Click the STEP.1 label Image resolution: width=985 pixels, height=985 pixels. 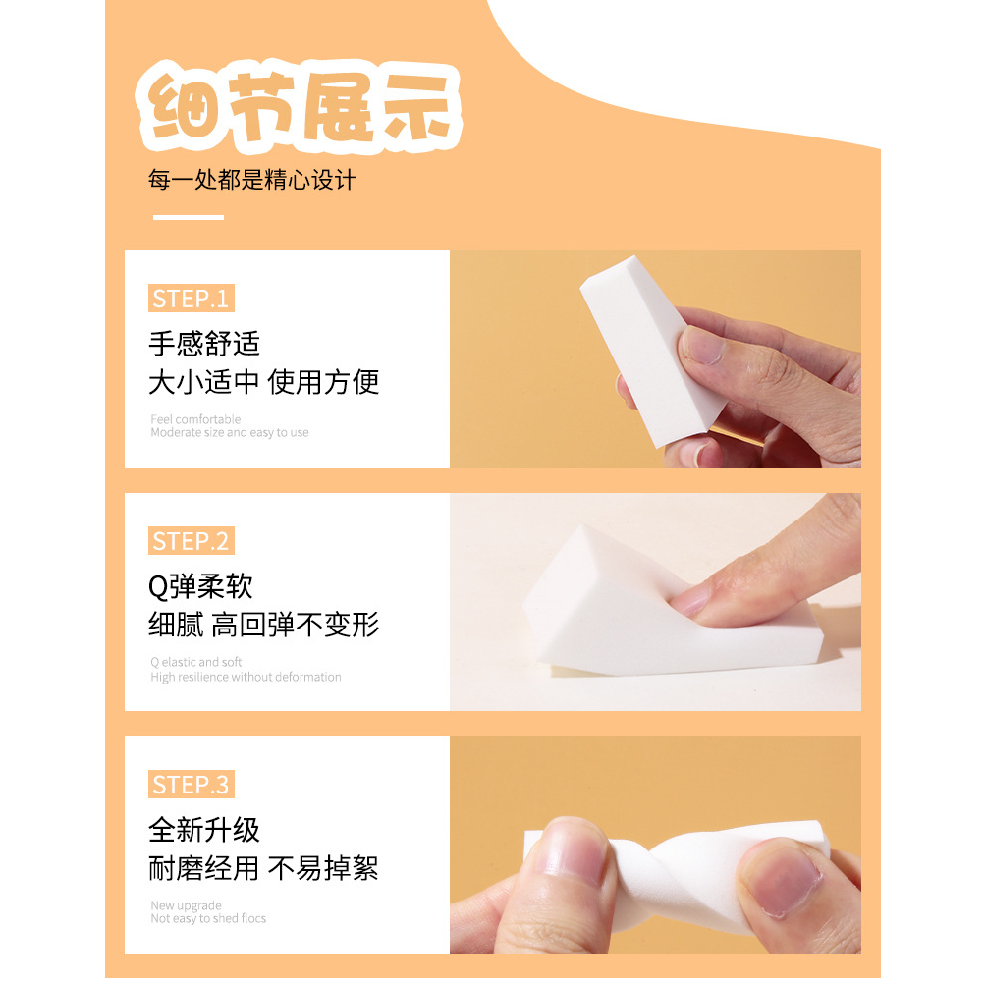click(x=191, y=299)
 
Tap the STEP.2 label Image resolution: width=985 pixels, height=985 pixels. click(x=191, y=541)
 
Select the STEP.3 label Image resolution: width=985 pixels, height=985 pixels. click(x=191, y=785)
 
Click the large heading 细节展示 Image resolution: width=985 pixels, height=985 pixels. click(x=299, y=106)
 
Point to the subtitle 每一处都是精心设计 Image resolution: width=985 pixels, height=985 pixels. click(x=252, y=180)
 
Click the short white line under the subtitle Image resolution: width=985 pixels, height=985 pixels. click(x=189, y=217)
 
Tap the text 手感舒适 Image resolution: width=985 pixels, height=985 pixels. click(x=204, y=344)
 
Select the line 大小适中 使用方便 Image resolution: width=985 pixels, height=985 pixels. click(x=264, y=382)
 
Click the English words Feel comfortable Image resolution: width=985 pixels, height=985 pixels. click(x=195, y=419)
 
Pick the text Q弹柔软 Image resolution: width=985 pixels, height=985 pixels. click(x=200, y=586)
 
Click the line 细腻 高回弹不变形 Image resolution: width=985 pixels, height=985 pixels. click(x=264, y=625)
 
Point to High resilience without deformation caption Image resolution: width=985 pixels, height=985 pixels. click(x=246, y=677)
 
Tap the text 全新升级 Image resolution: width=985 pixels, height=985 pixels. click(x=204, y=830)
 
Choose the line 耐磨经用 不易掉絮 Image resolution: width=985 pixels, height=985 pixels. click(x=264, y=868)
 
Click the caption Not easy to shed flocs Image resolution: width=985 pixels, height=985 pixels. click(x=208, y=918)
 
